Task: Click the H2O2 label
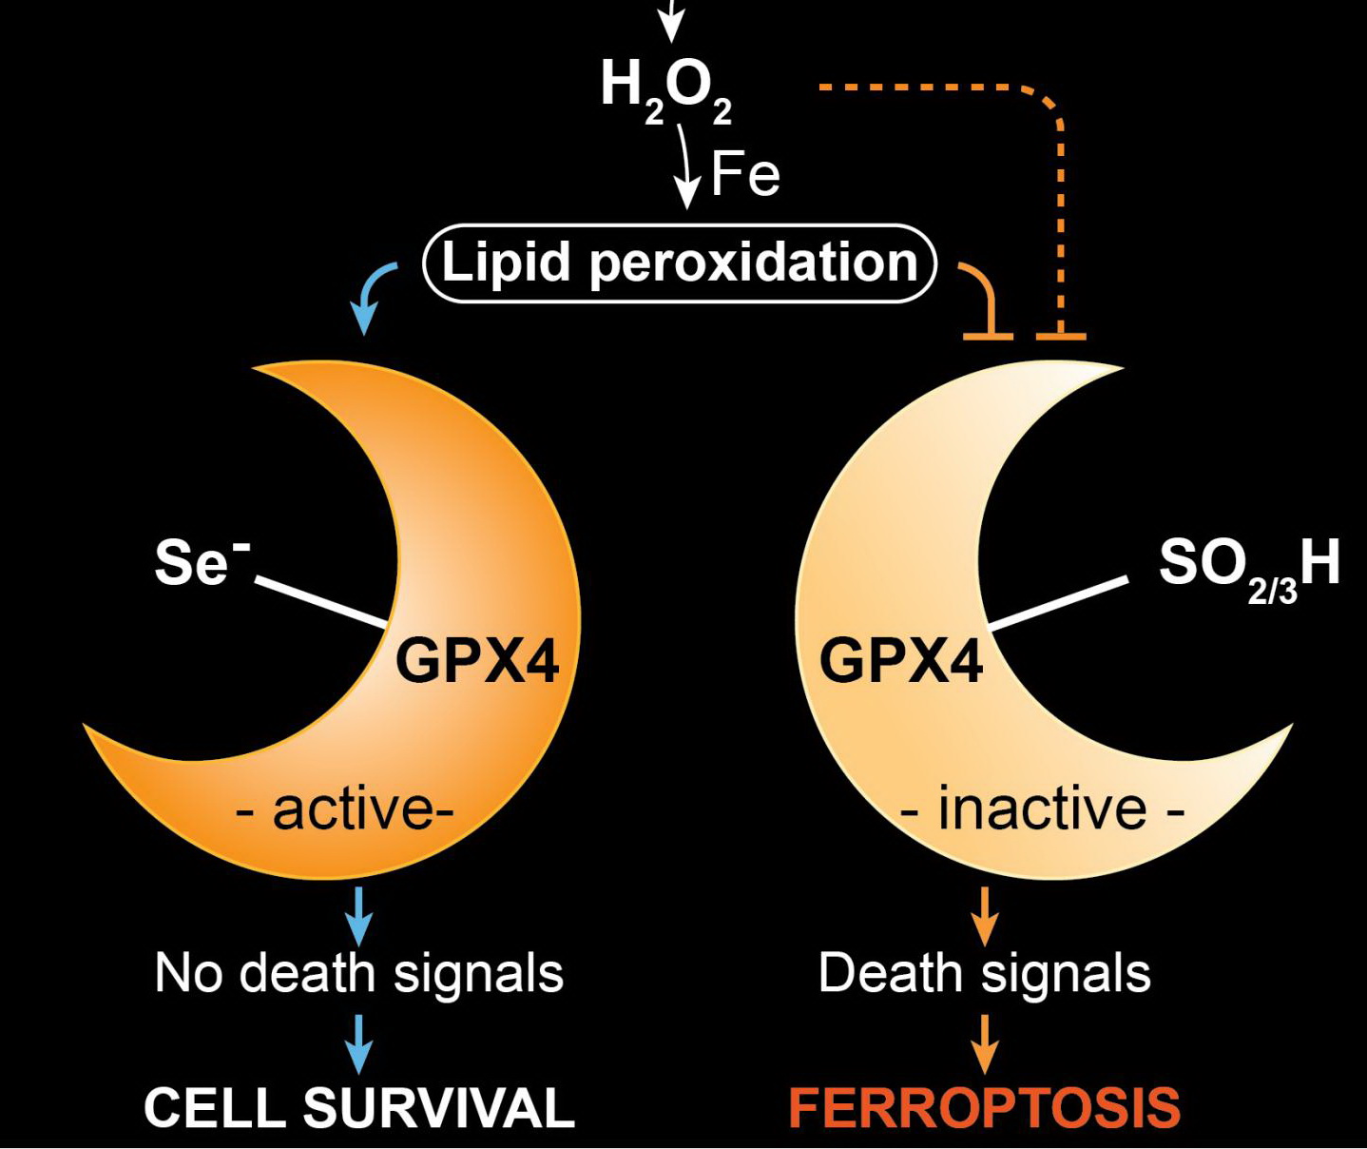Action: (665, 88)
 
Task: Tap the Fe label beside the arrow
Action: (745, 174)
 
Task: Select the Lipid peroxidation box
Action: (680, 263)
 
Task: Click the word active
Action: (352, 809)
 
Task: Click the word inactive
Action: (1042, 809)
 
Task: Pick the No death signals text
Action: (358, 973)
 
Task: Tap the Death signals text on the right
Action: (984, 973)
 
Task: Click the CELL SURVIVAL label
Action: (358, 1108)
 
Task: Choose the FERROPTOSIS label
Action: (984, 1108)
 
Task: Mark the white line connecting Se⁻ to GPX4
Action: (321, 602)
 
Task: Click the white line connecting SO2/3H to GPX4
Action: (1058, 602)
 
